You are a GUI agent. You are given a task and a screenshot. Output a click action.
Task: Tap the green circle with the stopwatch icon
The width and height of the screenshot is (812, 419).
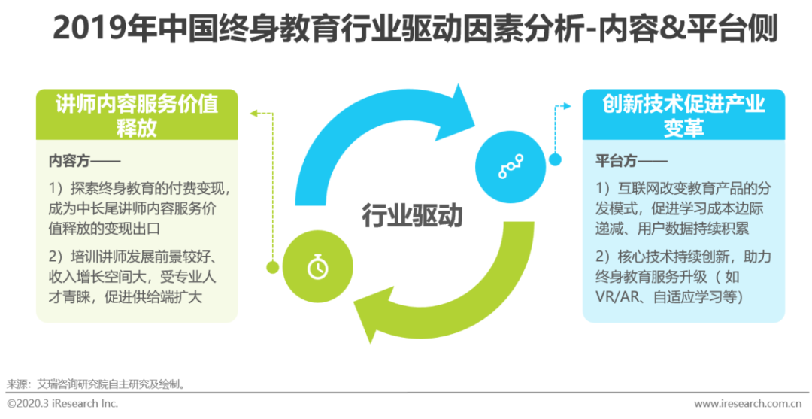pyautogui.click(x=317, y=266)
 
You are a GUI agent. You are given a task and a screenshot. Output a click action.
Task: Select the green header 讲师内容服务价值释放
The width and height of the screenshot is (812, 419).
pyautogui.click(x=137, y=115)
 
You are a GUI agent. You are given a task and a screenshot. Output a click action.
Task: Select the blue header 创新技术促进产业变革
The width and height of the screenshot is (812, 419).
pyautogui.click(x=683, y=115)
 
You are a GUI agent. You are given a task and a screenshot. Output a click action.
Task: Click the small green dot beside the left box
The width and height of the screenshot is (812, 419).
pyautogui.click(x=272, y=266)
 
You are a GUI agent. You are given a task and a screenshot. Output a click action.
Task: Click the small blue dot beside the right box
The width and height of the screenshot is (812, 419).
pyautogui.click(x=556, y=159)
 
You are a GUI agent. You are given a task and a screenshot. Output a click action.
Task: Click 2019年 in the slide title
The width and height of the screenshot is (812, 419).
pyautogui.click(x=88, y=30)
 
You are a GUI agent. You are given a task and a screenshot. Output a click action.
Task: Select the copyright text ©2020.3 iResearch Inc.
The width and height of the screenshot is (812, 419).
pyautogui.click(x=63, y=404)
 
